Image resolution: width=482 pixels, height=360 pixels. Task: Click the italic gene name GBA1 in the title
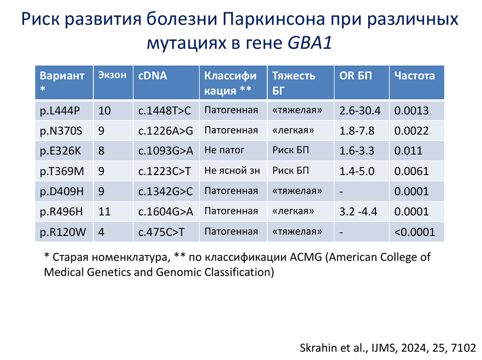(x=310, y=43)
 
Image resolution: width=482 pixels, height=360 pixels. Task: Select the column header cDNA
(x=152, y=76)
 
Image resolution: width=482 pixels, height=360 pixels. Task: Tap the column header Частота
(x=414, y=76)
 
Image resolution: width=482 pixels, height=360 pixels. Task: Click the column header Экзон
(x=112, y=75)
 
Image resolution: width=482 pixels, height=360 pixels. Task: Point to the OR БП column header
(x=355, y=76)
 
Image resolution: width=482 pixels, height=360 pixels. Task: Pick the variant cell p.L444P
(x=60, y=111)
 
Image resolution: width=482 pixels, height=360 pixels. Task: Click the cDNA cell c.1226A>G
(x=166, y=131)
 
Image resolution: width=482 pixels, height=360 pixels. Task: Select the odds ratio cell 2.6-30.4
(x=360, y=111)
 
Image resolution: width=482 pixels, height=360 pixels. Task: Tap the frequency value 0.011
(x=408, y=151)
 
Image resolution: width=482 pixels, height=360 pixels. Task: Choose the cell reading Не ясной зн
(x=232, y=170)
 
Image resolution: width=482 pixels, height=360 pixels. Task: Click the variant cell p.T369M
(x=62, y=171)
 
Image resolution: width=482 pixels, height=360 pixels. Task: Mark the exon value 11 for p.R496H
(x=104, y=212)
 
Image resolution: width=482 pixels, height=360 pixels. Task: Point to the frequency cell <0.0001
(x=414, y=232)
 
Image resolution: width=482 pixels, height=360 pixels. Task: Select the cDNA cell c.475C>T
(x=161, y=232)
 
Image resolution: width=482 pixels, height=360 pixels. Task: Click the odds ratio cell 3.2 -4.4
(x=358, y=212)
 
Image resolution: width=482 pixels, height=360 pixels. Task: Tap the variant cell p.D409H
(x=61, y=191)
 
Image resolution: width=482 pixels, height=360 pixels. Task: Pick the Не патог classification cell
(x=224, y=150)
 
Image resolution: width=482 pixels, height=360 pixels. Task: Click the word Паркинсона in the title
(x=274, y=19)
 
